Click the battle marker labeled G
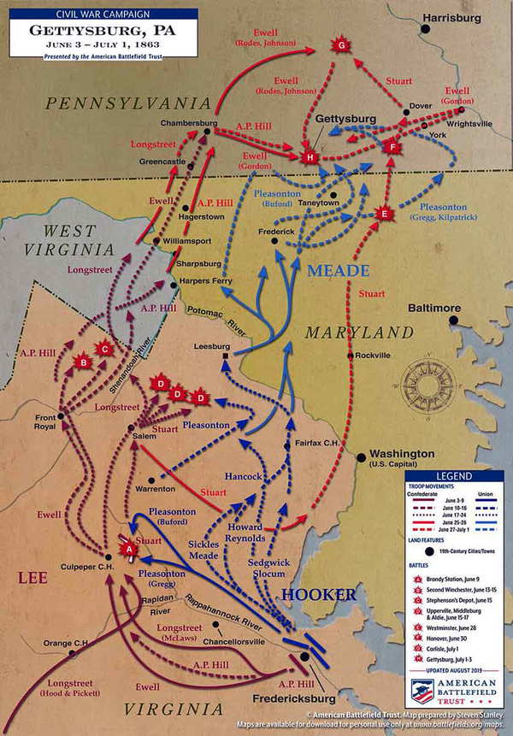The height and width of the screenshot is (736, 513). pyautogui.click(x=341, y=44)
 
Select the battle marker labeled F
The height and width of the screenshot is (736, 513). pyautogui.click(x=393, y=147)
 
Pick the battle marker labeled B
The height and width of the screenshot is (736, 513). pyautogui.click(x=84, y=362)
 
